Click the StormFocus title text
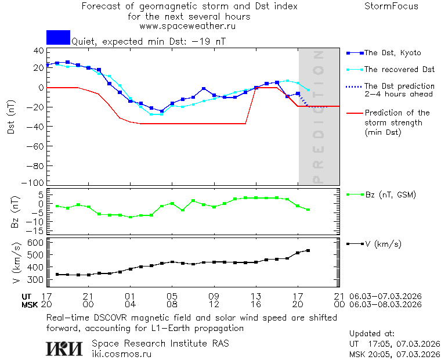(391, 6)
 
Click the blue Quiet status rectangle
(58, 37)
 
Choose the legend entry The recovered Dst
(399, 69)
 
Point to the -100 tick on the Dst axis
(36, 182)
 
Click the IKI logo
(65, 348)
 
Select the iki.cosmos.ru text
(122, 353)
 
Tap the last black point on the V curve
(308, 250)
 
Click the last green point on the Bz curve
(308, 210)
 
